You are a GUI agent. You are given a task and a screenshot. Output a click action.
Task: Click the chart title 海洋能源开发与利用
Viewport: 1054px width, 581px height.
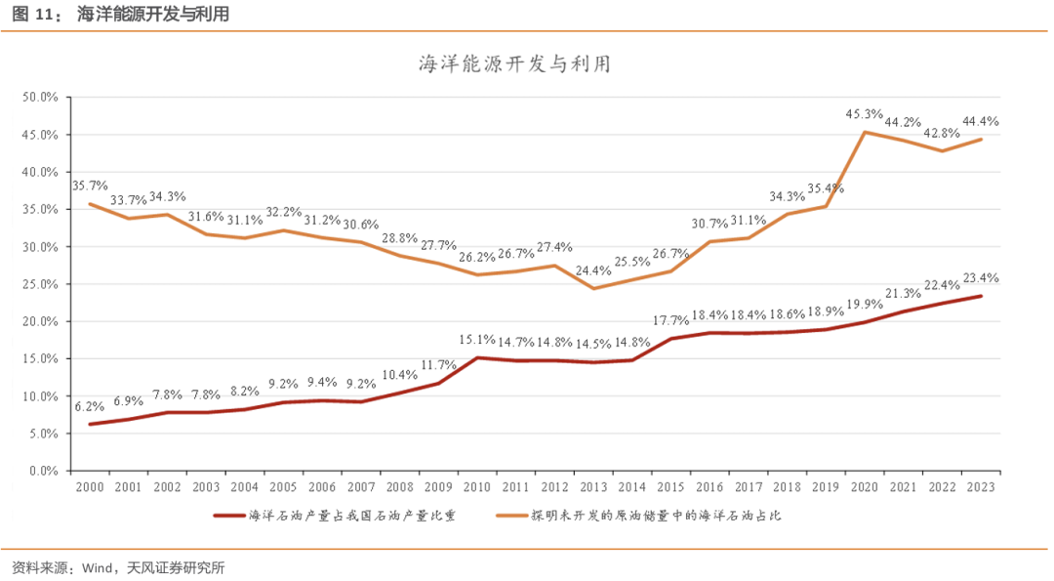514,65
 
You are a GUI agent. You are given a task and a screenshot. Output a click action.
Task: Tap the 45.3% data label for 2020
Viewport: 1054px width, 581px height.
864,114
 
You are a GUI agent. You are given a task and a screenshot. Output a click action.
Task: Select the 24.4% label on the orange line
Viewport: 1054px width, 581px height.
593,270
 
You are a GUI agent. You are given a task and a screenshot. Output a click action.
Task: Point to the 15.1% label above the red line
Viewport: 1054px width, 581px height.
478,340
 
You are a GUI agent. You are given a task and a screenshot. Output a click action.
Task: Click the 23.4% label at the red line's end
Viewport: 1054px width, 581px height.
979,278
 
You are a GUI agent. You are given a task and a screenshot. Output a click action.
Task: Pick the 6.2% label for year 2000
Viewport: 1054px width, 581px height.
88,406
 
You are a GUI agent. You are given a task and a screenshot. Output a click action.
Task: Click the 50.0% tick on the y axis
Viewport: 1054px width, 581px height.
42,98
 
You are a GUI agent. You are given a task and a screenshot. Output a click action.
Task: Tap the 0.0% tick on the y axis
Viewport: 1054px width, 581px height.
45,471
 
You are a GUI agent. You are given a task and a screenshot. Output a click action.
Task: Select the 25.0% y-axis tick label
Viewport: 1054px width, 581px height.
42,284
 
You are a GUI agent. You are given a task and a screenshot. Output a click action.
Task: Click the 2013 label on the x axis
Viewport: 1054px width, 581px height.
593,486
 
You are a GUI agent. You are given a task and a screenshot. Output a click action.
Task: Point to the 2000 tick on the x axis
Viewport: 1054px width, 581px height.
89,486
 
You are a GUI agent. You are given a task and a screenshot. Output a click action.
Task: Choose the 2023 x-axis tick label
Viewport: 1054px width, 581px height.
981,486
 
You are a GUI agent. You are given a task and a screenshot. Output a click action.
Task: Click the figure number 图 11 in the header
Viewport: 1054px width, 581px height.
32,15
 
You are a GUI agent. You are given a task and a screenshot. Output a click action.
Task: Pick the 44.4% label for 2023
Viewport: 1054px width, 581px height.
979,121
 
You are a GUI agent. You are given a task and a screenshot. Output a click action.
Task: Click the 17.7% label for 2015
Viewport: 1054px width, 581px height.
670,321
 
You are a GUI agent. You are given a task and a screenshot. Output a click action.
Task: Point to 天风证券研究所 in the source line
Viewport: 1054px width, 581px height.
176,567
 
